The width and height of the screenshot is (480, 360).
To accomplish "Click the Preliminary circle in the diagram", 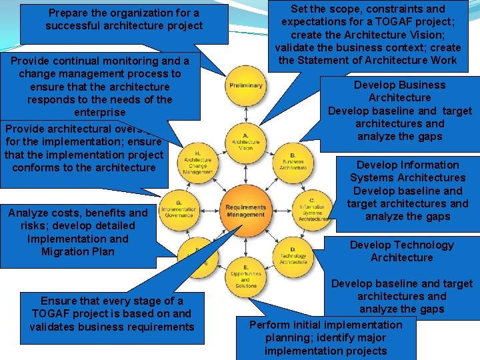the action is pos(245,86).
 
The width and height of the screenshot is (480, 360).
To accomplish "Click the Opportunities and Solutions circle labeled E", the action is pos(245,276).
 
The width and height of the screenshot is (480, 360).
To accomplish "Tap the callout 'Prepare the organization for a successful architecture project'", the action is pos(123,20).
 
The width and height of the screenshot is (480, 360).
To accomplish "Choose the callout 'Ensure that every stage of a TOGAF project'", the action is pos(111,313).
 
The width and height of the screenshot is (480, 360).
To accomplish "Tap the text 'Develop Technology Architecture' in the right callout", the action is pos(401,251).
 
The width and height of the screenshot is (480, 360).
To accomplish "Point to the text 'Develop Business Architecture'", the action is pos(399,91).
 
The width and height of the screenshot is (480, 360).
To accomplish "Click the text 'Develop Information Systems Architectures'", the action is pos(407,171).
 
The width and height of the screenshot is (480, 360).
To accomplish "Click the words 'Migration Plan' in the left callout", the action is pos(78,251).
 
